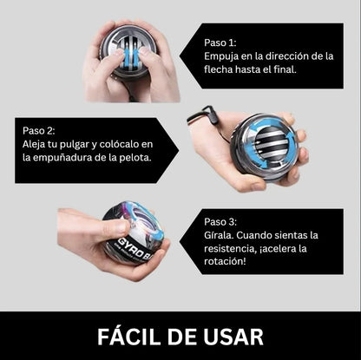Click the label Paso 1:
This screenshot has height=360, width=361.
[220, 43]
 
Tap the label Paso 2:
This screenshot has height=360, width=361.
[38, 130]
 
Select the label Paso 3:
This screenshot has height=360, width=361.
[220, 222]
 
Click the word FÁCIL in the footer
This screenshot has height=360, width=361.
[130, 337]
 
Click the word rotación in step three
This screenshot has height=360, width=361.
[225, 261]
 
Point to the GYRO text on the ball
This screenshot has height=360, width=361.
[132, 246]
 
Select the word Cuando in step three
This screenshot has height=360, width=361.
[253, 235]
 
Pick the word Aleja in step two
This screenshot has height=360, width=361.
[32, 145]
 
